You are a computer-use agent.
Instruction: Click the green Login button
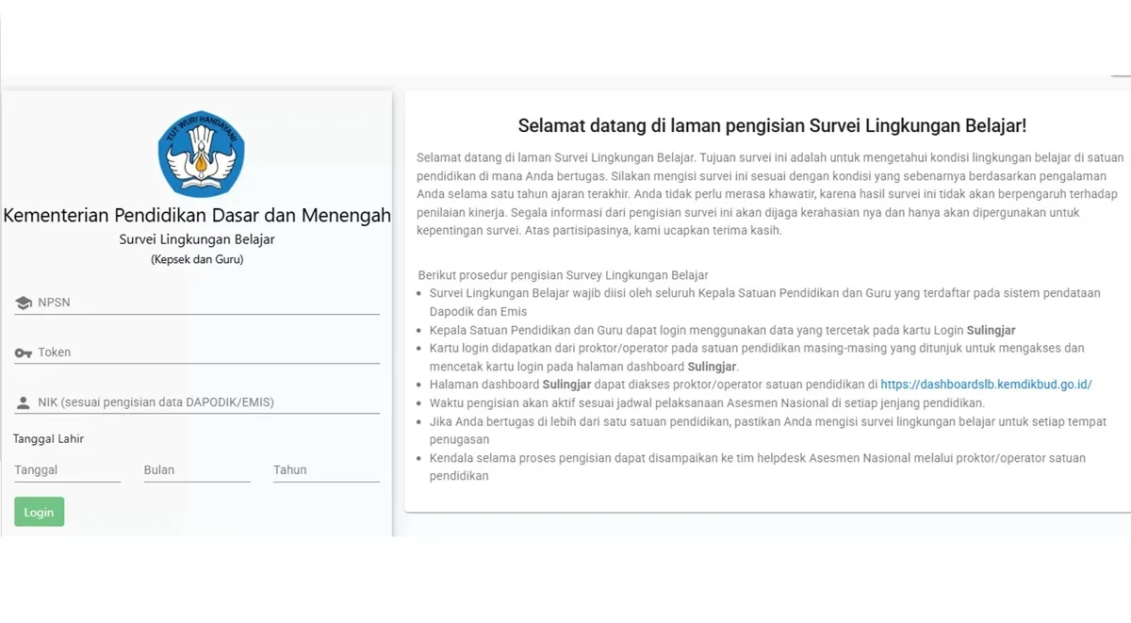39,512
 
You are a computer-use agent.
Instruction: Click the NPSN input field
207,303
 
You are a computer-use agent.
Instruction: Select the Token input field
207,352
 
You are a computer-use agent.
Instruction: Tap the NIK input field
207,402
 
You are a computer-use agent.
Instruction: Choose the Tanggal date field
67,470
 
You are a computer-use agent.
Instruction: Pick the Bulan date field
196,470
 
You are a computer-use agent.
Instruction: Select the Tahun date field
325,470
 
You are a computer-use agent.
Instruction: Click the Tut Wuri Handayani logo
201,154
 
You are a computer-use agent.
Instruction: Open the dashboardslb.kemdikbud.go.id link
986,385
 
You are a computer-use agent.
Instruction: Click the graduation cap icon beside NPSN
24,303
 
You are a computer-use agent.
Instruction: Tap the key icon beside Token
24,352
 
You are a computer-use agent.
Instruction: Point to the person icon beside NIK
24,403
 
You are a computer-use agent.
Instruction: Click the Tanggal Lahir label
48,438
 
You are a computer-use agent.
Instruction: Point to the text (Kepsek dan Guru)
197,259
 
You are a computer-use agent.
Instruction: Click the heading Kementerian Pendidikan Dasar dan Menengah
197,216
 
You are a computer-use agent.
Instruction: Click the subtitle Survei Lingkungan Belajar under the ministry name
197,239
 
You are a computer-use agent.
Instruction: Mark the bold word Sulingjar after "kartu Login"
991,330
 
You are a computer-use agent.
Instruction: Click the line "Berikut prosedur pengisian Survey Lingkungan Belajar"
563,275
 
